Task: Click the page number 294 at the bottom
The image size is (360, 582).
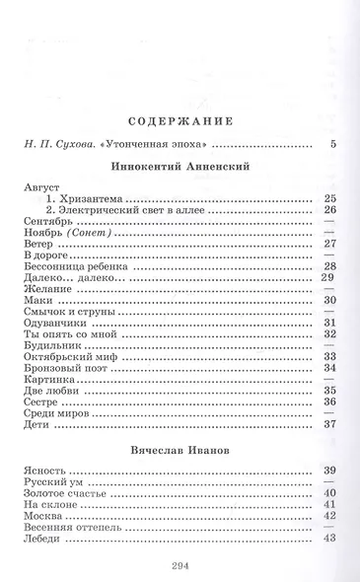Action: tap(179, 562)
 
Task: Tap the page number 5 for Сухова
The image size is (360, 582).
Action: tap(333, 145)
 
